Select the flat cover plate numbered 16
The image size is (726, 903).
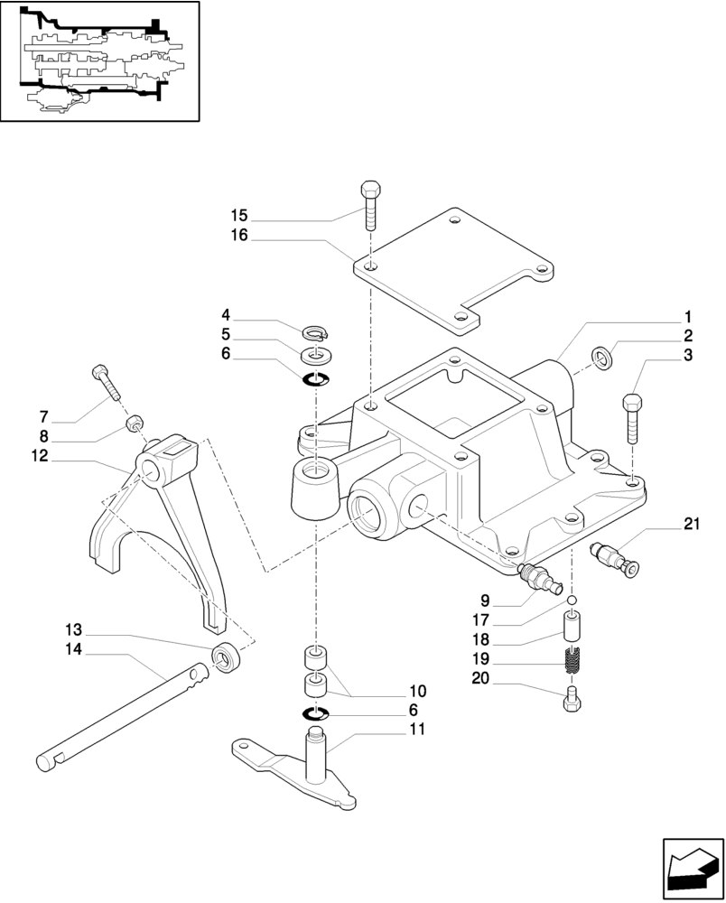click(451, 271)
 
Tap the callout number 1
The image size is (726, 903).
click(687, 317)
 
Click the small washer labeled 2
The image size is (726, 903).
click(602, 358)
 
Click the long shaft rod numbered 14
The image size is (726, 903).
click(126, 713)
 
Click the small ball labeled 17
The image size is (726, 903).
click(571, 600)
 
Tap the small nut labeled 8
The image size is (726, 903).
click(133, 422)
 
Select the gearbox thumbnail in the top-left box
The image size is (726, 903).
click(99, 61)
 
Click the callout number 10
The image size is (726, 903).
click(416, 691)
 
